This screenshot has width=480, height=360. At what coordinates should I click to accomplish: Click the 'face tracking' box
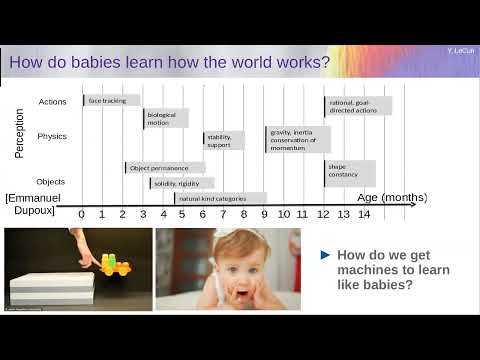pyautogui.click(x=110, y=101)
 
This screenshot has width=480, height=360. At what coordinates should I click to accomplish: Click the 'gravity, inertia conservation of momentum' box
pyautogui.click(x=297, y=139)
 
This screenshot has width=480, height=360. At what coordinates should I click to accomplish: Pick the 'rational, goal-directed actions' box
pyautogui.click(x=357, y=105)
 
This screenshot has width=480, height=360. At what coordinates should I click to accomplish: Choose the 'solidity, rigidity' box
pyautogui.click(x=181, y=184)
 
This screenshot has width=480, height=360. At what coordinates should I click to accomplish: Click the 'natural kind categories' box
pyautogui.click(x=220, y=198)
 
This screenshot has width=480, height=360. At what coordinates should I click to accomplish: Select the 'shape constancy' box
pyautogui.click(x=349, y=172)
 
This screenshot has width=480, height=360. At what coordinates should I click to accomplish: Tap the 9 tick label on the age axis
pyautogui.click(x=264, y=213)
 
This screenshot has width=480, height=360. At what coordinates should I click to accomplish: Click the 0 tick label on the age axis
pyautogui.click(x=81, y=213)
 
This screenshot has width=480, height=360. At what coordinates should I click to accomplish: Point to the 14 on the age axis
pyautogui.click(x=363, y=213)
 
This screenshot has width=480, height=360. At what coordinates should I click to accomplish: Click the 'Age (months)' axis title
pyautogui.click(x=392, y=198)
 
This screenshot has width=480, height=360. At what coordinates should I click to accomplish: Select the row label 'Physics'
pyautogui.click(x=52, y=136)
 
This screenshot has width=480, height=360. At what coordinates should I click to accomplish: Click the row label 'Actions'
pyautogui.click(x=52, y=102)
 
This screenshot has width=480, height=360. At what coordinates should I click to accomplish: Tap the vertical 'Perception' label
pyautogui.click(x=20, y=133)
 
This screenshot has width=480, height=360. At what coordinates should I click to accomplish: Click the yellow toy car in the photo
pyautogui.click(x=117, y=265)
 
